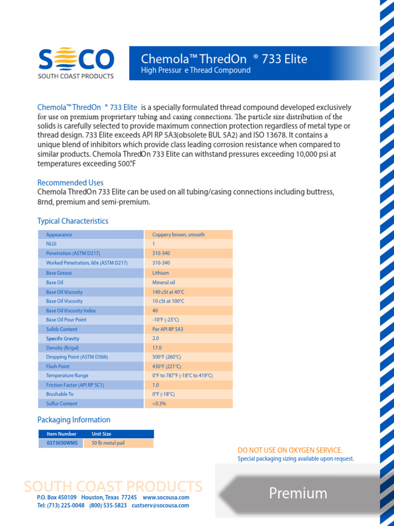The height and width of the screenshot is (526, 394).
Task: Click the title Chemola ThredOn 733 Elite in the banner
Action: click(224, 59)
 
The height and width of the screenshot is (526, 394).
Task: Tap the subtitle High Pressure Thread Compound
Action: click(195, 70)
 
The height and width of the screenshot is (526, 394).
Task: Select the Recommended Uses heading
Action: click(70, 183)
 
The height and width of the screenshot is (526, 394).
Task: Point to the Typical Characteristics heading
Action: click(73, 221)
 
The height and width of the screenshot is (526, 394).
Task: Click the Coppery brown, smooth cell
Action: click(178, 235)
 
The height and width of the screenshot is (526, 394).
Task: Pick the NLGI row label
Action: click(51, 244)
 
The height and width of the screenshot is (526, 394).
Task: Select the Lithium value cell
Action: click(160, 273)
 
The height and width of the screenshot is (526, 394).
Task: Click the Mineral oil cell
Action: click(163, 283)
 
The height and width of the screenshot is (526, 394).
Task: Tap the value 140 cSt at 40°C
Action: click(168, 292)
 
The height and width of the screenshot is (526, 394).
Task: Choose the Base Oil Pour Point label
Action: click(66, 320)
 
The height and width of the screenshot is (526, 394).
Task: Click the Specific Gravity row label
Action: click(63, 339)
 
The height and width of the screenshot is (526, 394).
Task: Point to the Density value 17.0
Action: click(156, 348)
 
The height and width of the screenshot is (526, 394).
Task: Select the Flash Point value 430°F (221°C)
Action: click(166, 367)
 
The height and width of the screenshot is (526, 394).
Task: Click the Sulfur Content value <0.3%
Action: click(159, 404)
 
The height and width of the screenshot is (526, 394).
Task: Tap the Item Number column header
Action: click(61, 434)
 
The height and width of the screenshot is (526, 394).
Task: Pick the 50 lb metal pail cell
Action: click(108, 443)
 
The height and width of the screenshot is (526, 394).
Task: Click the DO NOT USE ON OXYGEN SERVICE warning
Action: click(290, 450)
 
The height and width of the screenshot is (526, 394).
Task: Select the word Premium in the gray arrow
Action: click(298, 493)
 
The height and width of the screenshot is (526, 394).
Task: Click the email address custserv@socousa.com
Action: click(160, 505)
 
